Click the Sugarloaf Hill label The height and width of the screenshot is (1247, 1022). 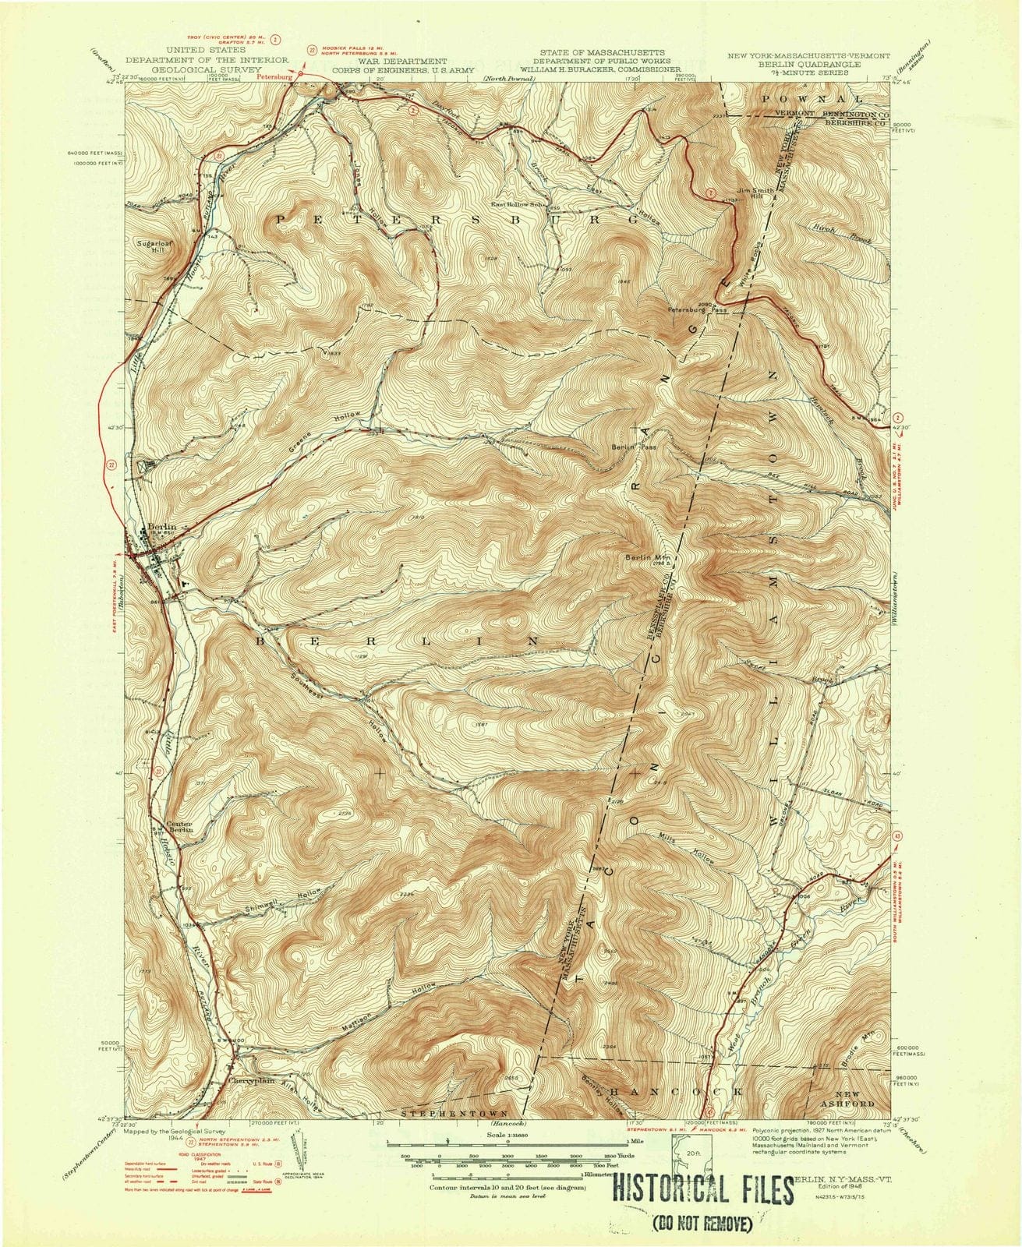[145, 246]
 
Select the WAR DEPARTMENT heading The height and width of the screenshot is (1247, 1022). [402, 60]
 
